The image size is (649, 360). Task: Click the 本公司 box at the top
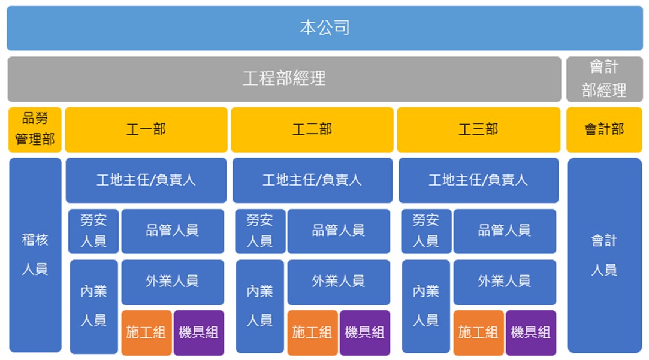coord(325,28)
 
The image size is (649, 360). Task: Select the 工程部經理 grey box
coord(285,79)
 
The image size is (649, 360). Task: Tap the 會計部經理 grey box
coord(604,79)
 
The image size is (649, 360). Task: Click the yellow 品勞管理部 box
coord(35,129)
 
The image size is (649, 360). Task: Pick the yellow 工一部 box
coord(146,129)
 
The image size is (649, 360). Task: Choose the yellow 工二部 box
coord(312,129)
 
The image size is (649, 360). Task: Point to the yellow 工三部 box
coord(478,129)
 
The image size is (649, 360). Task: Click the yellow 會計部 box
coord(604,129)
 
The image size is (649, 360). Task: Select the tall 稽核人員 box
coord(35,255)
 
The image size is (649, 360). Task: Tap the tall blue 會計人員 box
coord(604,255)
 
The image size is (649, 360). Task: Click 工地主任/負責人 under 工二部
coord(312,180)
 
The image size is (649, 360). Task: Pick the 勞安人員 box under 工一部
coord(93,231)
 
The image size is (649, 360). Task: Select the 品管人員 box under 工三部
coord(505,231)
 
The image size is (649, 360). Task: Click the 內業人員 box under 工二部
coord(260,306)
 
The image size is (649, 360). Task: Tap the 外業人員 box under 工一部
coord(173,282)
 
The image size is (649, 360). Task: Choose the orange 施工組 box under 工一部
coord(147,332)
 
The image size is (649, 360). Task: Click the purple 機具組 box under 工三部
coord(530,332)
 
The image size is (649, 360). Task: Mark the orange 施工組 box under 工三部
coord(478,332)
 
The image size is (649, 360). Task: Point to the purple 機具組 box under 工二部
coord(364,332)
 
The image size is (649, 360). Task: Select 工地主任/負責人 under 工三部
coord(478,180)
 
